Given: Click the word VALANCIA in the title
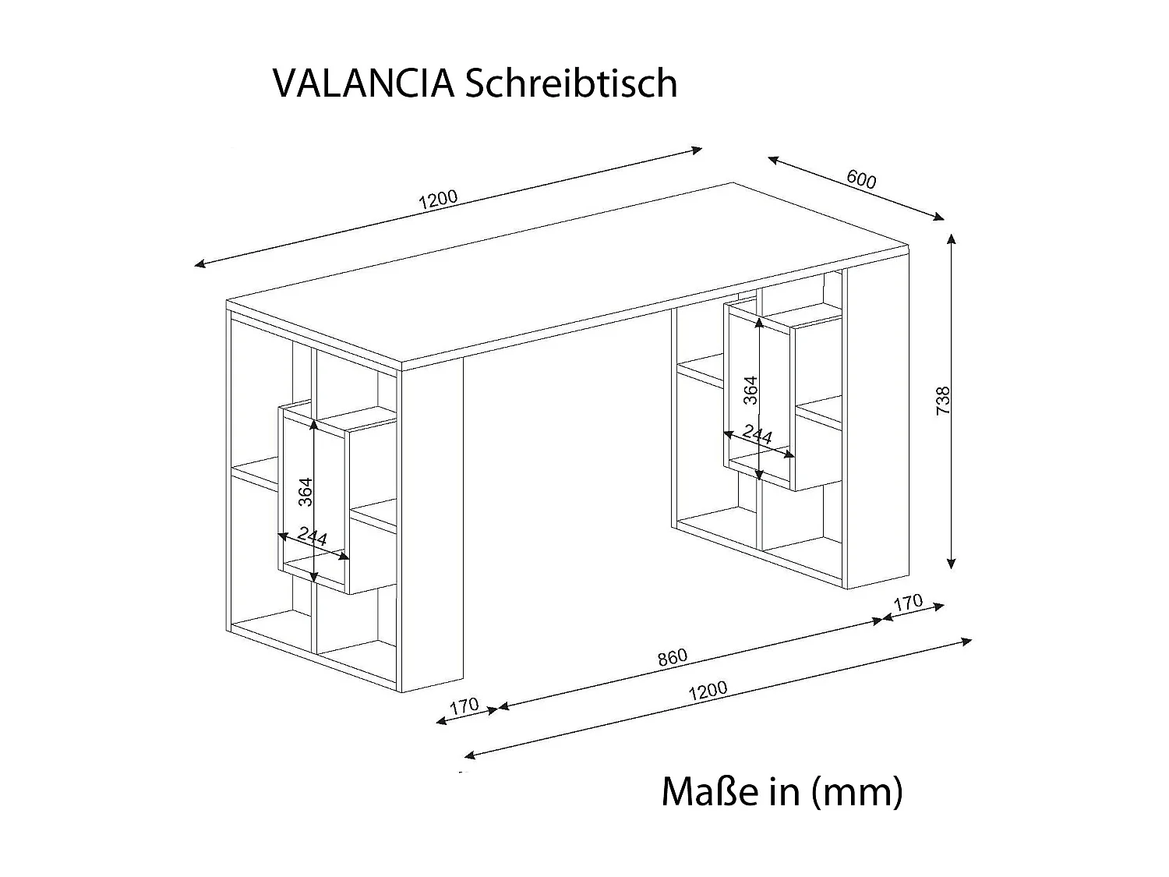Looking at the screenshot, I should pos(363,84).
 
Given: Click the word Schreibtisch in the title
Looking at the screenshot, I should pos(570,84).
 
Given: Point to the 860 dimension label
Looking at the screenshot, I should pos(672,657).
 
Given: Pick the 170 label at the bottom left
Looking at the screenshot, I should pos(464,706).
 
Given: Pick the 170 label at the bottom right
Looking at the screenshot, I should pos(908,603).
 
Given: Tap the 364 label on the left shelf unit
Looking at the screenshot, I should pos(306,491).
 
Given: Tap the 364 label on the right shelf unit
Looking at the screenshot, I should pos(750,390).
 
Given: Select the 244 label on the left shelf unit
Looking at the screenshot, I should pos(312,536).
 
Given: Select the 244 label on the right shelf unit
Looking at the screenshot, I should pos(757,434).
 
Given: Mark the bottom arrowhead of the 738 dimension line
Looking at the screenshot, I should pos(951,566).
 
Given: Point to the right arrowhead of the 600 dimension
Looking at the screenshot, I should pos(941,218).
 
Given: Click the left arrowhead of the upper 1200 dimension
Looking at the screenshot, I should pos(198,265).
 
